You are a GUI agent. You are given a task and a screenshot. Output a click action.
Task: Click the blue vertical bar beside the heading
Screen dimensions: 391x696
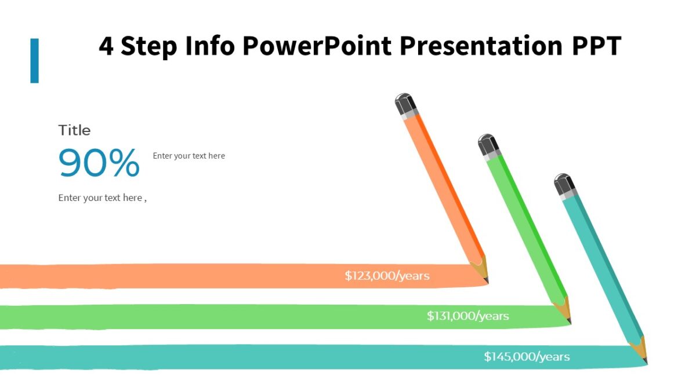(x=35, y=60)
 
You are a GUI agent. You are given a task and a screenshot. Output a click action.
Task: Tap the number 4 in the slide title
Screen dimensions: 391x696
(x=106, y=46)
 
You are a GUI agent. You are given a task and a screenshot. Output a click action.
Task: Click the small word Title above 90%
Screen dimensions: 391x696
(x=74, y=130)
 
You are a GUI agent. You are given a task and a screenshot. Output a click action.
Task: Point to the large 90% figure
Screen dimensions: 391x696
(x=99, y=163)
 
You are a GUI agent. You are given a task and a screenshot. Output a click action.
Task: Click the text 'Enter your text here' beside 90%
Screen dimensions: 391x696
(x=188, y=156)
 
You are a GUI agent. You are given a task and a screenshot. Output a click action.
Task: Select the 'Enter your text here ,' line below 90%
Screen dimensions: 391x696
(x=102, y=198)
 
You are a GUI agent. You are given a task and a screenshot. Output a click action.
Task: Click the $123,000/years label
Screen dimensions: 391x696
(x=387, y=276)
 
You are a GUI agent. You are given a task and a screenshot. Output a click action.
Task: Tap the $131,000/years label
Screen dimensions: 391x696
(x=467, y=316)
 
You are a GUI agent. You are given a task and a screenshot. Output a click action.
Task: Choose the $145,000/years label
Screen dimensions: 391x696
(x=527, y=357)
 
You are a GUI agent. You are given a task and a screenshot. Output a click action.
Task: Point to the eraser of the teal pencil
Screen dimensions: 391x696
(x=563, y=183)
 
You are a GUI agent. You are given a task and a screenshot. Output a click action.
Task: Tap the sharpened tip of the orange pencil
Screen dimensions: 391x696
(x=483, y=273)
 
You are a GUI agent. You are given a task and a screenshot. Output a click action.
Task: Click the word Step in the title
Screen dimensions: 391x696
(x=148, y=46)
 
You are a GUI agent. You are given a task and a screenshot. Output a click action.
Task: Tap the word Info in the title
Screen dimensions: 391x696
(x=209, y=46)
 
